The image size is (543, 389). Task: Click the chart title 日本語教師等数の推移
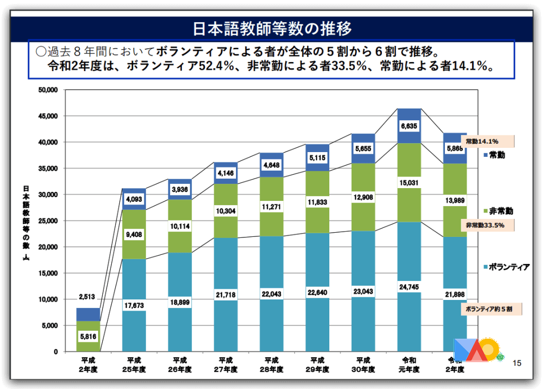point(271,28)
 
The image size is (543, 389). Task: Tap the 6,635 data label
point(409,126)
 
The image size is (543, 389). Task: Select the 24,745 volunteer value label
point(409,287)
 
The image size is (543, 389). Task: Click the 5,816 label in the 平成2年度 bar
point(88,335)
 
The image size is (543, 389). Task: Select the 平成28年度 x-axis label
point(271,365)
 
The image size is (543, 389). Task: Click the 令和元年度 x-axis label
point(409,365)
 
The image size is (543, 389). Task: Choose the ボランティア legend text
point(509,267)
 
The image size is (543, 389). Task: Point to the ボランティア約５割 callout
point(491,308)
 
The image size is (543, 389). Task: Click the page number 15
point(517,363)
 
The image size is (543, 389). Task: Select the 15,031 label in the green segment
point(409,183)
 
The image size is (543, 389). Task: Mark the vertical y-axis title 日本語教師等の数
point(25,223)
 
